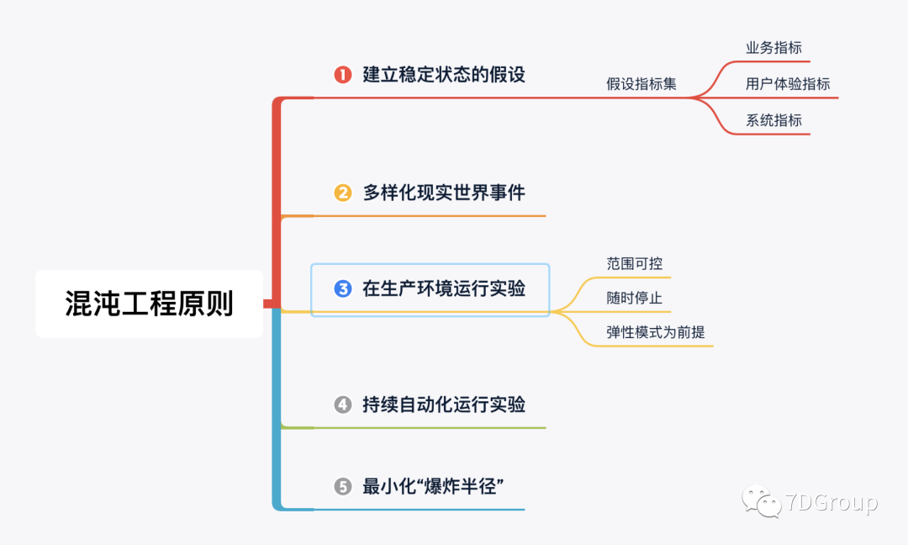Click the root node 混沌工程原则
tap(149, 304)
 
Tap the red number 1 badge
tap(342, 75)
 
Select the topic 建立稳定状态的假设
tap(444, 75)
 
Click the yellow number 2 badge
tap(342, 193)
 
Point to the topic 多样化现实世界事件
tap(444, 193)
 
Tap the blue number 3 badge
tap(342, 289)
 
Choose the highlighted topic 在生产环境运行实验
tap(444, 289)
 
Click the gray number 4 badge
tap(342, 405)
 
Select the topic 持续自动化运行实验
tap(444, 405)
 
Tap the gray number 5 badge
tap(342, 487)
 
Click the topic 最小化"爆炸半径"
tap(432, 487)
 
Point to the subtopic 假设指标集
tap(641, 84)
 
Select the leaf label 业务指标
tap(773, 48)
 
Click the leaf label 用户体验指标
tap(788, 84)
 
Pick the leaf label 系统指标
tap(773, 120)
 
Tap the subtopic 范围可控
tap(635, 263)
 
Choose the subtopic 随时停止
tap(635, 299)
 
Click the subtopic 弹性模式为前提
tap(656, 332)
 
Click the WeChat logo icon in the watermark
tap(762, 503)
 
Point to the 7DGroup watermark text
tap(831, 503)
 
